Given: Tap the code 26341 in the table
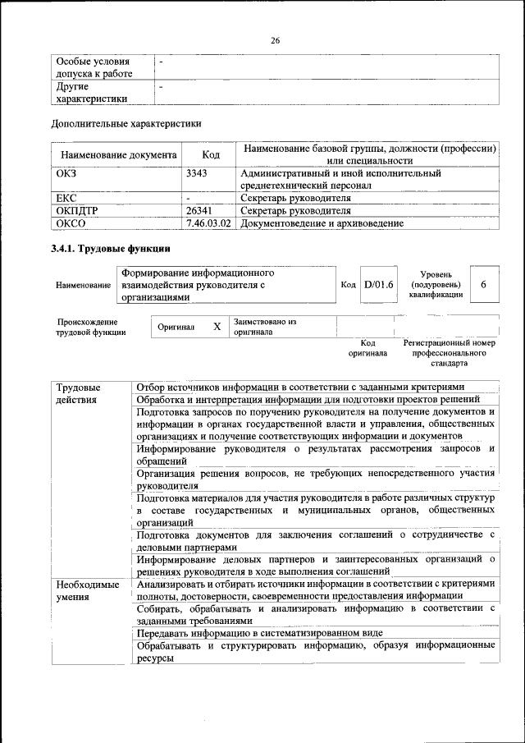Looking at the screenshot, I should tap(201, 210).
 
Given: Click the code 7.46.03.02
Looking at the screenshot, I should tap(208, 222).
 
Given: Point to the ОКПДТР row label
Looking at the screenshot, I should tap(77, 210).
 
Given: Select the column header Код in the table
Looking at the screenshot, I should tap(211, 154).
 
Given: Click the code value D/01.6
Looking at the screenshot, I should tap(379, 284).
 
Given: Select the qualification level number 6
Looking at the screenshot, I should tap(484, 284).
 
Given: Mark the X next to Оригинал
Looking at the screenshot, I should tap(217, 327).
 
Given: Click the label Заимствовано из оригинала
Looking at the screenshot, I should tap(264, 327).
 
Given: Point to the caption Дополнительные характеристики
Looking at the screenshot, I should tap(126, 124).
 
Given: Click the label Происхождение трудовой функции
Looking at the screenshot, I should tap(90, 327).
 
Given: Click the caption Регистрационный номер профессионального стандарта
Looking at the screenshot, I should tap(450, 352).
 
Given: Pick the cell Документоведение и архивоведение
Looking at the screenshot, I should tap(322, 222).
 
